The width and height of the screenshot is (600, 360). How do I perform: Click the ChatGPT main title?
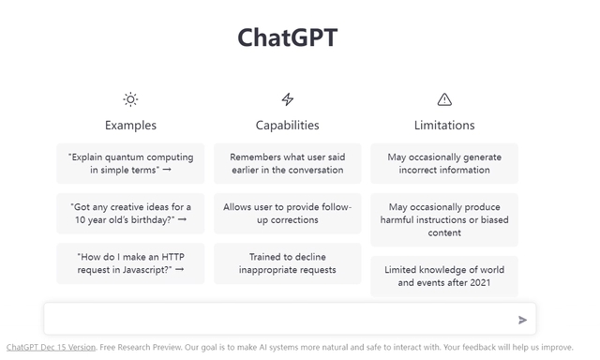(287, 37)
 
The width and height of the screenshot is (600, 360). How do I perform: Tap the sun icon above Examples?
(130, 99)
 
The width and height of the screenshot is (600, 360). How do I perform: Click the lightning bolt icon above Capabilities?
(287, 99)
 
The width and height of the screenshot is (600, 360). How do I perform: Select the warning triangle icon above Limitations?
(444, 99)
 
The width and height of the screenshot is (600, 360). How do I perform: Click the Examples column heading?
(130, 125)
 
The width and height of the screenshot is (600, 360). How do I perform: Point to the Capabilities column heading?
(287, 125)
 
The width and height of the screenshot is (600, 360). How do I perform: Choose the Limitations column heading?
(444, 125)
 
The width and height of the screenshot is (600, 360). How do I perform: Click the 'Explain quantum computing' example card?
(130, 163)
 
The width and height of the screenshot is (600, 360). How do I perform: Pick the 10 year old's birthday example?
(130, 213)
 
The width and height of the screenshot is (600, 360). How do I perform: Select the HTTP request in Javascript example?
(130, 262)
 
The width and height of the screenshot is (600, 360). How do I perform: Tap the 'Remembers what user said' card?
(287, 163)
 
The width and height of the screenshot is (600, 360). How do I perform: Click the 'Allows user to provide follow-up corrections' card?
(287, 213)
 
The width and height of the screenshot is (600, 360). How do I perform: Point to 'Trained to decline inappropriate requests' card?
(287, 262)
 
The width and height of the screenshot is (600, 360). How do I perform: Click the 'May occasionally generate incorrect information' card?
(444, 163)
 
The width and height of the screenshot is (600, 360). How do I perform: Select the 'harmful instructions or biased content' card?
(444, 219)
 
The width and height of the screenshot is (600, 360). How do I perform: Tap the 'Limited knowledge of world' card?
(444, 276)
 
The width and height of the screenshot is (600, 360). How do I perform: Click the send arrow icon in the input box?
(522, 320)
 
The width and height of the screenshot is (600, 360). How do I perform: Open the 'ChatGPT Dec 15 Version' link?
(51, 347)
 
